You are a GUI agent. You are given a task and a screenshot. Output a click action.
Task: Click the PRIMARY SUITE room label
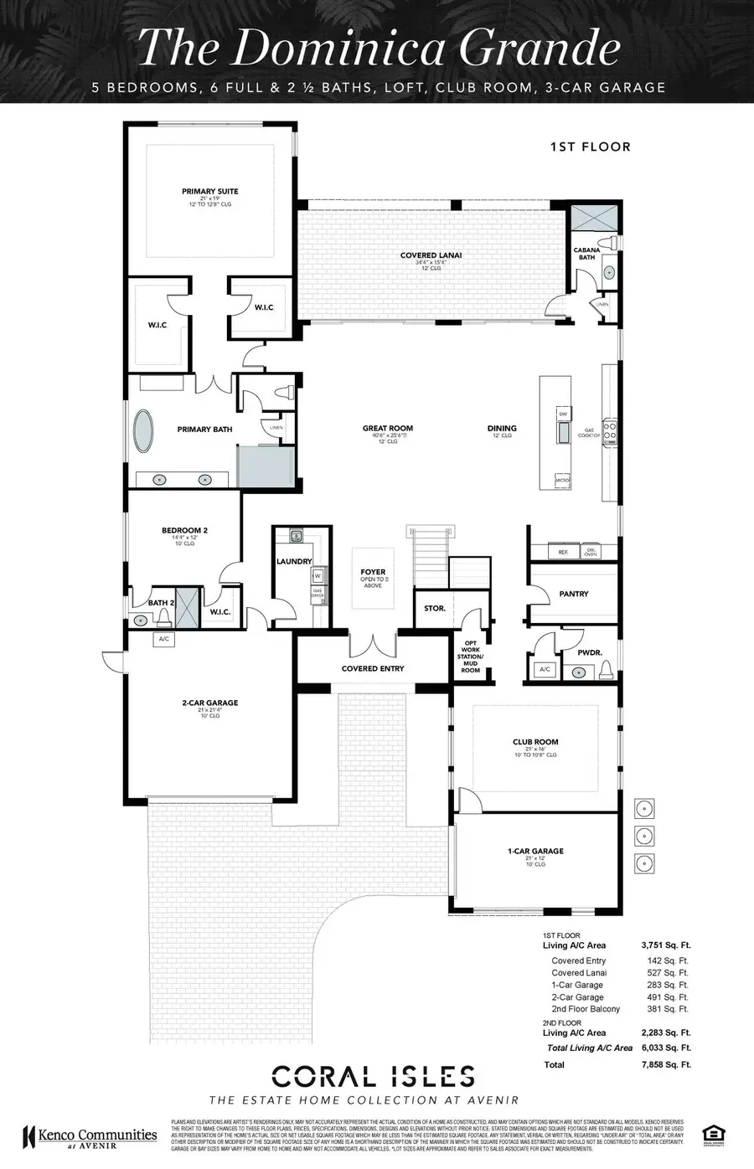coord(210,192)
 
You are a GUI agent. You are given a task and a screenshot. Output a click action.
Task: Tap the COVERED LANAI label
coord(431,255)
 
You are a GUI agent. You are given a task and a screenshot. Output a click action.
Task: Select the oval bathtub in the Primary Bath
coord(144,430)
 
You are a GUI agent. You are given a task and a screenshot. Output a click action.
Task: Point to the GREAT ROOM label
coord(387,428)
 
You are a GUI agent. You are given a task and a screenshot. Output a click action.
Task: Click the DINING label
coord(502,428)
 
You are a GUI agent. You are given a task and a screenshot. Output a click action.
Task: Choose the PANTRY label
coord(574,594)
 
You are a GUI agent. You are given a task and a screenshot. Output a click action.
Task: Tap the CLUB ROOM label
coord(535,742)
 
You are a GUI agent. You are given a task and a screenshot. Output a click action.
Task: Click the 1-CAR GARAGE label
coord(535,851)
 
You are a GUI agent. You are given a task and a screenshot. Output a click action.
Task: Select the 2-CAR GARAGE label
coord(210,703)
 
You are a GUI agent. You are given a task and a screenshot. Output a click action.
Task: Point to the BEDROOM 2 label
coord(184,530)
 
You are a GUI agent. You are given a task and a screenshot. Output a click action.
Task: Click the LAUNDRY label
coord(294,561)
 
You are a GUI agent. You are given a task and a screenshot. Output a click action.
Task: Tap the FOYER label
coord(373,572)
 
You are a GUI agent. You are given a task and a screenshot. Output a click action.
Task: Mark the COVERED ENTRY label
coord(373,668)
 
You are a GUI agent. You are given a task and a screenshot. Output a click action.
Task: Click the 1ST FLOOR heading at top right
coord(590,147)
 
